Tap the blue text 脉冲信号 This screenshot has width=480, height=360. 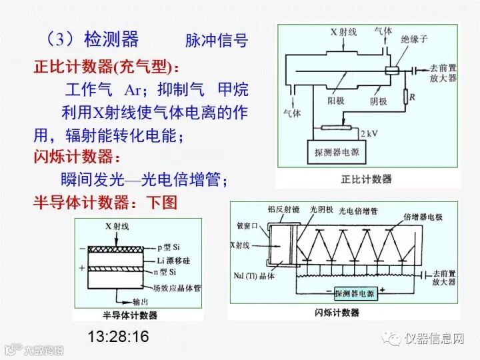click(216, 40)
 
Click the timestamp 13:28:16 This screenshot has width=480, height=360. click(118, 335)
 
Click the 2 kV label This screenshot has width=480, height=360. click(369, 133)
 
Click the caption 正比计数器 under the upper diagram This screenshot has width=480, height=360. click(366, 179)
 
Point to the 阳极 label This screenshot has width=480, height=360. click(339, 101)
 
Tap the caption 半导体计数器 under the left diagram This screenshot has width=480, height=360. click(129, 315)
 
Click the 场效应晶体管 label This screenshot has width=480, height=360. click(185, 289)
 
